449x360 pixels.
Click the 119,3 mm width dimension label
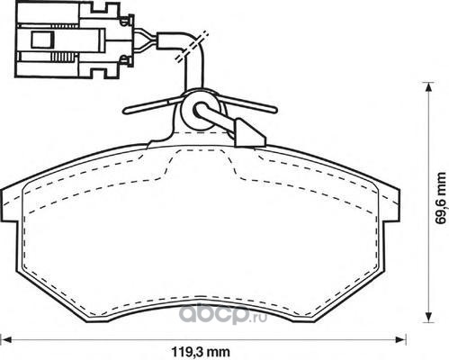coord(201,351)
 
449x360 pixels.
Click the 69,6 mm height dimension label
coord(442,198)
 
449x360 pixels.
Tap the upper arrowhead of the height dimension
coord(429,87)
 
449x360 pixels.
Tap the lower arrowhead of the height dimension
coord(429,318)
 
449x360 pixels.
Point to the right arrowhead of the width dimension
coord(401,339)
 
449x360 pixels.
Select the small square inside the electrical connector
coord(42,40)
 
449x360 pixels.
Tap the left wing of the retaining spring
coord(152,105)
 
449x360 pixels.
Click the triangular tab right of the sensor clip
coord(249,134)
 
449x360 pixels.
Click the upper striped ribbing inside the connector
coord(64,26)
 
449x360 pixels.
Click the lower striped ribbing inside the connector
coord(64,57)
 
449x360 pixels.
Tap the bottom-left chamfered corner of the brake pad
coord(51,294)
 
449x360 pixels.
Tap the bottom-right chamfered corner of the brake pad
coord(350,294)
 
